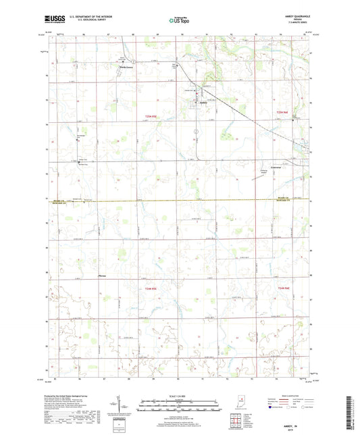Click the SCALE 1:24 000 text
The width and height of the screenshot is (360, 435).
pyautogui.click(x=179, y=396)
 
